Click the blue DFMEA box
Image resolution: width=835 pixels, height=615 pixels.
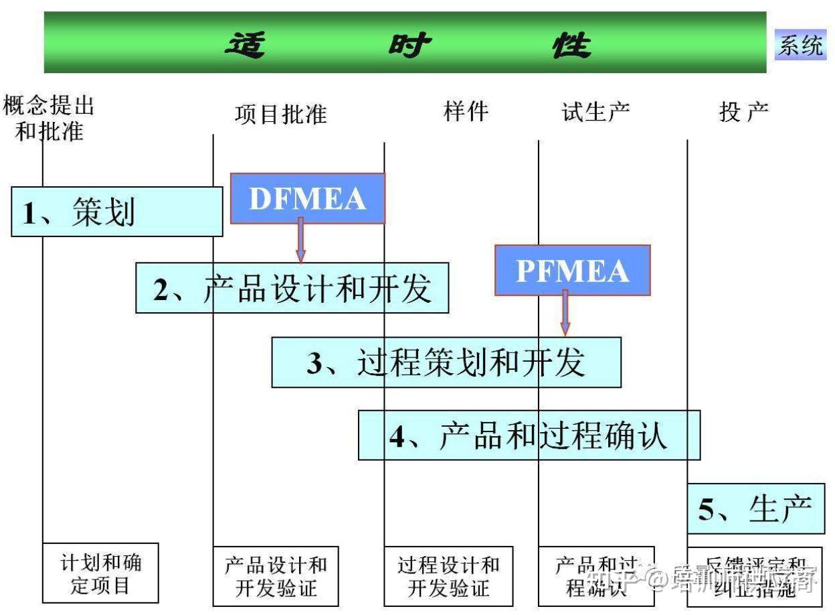[307, 199]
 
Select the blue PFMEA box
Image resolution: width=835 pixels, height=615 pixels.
[572, 271]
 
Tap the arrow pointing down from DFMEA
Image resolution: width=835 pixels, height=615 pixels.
[300, 240]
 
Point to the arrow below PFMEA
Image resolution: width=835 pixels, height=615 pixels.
[565, 312]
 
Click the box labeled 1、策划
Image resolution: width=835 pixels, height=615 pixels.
[116, 212]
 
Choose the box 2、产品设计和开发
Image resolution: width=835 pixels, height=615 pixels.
[292, 288]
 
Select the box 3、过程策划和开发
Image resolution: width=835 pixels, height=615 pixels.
[446, 362]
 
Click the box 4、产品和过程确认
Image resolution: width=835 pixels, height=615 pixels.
[529, 435]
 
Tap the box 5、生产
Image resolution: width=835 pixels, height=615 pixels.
[755, 509]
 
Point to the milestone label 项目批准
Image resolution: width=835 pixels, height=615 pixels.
[281, 114]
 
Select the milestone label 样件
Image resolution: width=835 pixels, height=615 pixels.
[466, 111]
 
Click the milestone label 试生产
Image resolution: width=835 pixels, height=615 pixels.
[595, 112]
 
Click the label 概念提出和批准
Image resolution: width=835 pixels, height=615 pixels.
[48, 119]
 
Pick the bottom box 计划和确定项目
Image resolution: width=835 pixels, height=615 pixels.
[100, 573]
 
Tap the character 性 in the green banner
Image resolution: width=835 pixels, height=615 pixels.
[571, 46]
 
